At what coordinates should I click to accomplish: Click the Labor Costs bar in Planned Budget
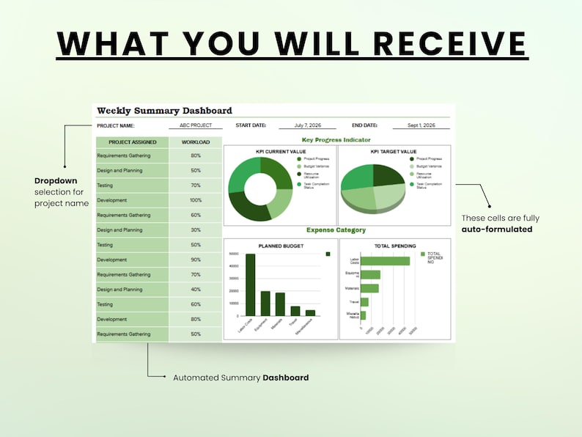tap(250, 284)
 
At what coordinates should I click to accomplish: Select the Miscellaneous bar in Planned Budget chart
tap(310, 312)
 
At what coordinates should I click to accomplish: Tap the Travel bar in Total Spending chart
tap(364, 301)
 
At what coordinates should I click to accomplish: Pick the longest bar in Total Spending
tap(385, 260)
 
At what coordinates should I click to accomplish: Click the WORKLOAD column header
tap(196, 142)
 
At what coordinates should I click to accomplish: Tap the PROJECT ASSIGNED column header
tap(132, 142)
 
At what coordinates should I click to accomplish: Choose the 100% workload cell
tap(196, 200)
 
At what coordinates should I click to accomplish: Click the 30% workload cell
tap(196, 230)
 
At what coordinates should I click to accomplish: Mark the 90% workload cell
tap(196, 260)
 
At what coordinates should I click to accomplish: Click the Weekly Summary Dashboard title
tap(164, 111)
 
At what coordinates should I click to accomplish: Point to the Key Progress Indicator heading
tap(336, 139)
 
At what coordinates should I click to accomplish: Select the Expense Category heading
tap(336, 230)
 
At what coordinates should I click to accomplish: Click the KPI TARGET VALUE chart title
tap(394, 151)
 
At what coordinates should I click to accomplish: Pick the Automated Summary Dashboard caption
tap(240, 378)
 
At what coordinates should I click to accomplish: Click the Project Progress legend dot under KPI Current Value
tap(299, 158)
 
